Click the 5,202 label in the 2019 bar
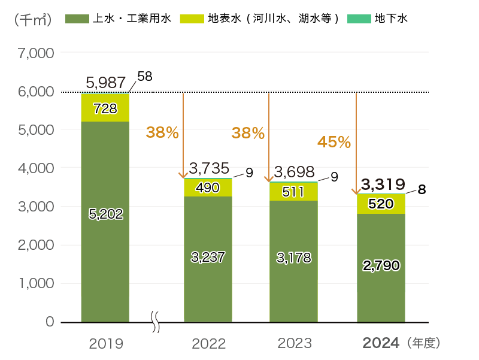[105, 214]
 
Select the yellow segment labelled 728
[105, 108]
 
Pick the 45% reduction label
[334, 142]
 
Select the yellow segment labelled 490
[208, 187]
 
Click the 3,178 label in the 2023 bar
[293, 258]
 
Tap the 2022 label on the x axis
[208, 343]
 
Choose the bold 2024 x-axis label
[381, 343]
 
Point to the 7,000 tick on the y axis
[37, 53]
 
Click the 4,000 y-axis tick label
[37, 168]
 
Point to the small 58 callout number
[144, 77]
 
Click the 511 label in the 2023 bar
[293, 192]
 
